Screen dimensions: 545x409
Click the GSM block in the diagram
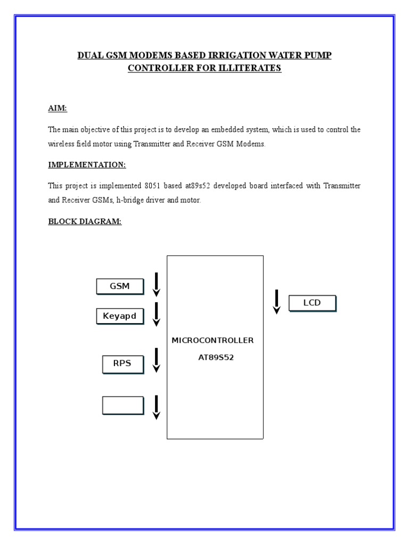tap(120, 286)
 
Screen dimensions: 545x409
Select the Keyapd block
tap(120, 316)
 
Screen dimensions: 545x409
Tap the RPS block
tap(122, 365)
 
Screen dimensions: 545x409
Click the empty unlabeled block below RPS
tap(123, 405)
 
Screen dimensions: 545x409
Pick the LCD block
tap(312, 303)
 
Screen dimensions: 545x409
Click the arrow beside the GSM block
tap(157, 284)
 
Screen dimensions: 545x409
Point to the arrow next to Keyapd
tap(157, 314)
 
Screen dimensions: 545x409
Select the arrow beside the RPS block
tap(157, 360)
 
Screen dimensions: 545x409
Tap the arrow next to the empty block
tap(157, 407)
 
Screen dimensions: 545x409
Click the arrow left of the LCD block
tap(276, 302)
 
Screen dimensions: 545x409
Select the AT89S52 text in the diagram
tap(216, 358)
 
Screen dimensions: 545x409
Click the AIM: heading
tap(58, 109)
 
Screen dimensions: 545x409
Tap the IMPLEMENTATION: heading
tap(87, 165)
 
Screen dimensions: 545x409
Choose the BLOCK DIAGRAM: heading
tap(85, 221)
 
